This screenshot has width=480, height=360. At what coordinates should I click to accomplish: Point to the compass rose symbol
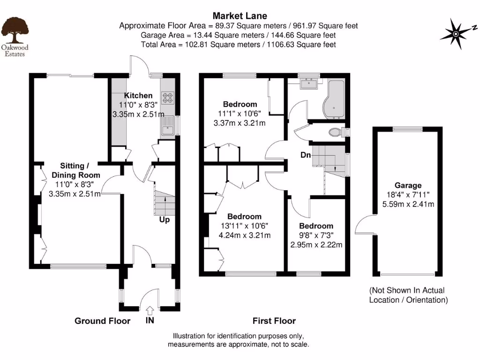coord(456,33)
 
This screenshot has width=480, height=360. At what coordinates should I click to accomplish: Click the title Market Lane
coord(240,16)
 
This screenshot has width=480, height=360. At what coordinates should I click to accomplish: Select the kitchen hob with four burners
coord(168,98)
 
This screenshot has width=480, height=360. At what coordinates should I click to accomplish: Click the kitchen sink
coord(167,126)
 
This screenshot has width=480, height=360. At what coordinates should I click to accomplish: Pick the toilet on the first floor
coord(336,132)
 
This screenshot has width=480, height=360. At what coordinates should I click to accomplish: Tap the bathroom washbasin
coord(309,83)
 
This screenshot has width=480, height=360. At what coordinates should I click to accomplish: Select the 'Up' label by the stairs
coord(165,219)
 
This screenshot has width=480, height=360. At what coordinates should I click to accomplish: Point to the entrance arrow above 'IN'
coord(150,310)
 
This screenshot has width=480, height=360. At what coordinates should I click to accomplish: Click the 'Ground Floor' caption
coord(102,321)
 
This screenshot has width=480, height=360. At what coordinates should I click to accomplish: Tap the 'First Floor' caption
coord(274,321)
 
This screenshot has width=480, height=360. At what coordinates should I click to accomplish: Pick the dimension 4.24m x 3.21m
coord(245,235)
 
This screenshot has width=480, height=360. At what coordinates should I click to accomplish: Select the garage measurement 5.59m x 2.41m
coord(407,204)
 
